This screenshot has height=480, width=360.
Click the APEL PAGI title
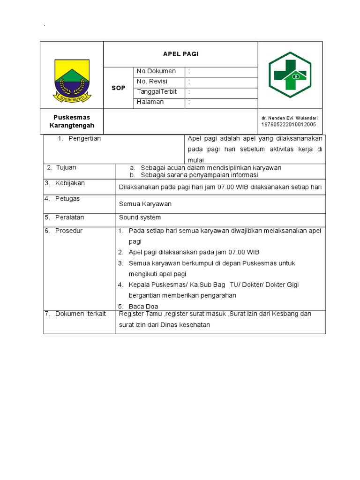coord(180,54)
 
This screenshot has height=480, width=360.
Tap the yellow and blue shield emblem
coord(72,81)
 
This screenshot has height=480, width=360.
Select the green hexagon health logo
coord(290,75)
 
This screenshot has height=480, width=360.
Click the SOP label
coord(119,88)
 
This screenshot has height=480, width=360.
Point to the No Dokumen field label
coord(156,71)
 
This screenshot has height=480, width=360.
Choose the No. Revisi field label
coord(152,82)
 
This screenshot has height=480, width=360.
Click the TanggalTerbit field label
coord(157,92)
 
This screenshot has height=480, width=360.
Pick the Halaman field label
coord(150,102)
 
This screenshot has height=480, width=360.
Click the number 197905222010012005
coord(289,125)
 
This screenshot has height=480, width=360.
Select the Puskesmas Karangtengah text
coord(72,121)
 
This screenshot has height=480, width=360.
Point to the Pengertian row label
coord(84,139)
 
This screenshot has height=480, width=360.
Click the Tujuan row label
coord(66,168)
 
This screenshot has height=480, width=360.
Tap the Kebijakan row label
coord(70,183)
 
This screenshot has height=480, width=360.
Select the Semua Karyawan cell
coord(145,204)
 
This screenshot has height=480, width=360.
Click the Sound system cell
coord(140,217)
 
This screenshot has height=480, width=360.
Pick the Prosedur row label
coord(68,231)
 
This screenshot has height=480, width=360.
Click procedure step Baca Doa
coord(143,307)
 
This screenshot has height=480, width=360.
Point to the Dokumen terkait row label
coord(80,314)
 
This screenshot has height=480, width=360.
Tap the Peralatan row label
coord(69,217)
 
